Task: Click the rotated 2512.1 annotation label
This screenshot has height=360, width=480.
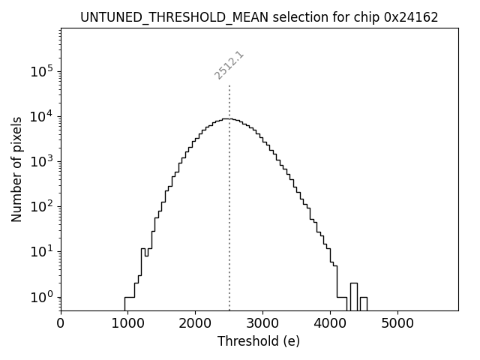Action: tap(229, 65)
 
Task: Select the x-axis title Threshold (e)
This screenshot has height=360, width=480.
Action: tap(259, 341)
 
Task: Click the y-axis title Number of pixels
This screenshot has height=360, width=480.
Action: tap(16, 169)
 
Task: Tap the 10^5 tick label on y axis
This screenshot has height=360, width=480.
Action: tap(41, 72)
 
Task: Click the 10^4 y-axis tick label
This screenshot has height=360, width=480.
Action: tap(41, 117)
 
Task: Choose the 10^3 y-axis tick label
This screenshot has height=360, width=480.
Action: tap(41, 162)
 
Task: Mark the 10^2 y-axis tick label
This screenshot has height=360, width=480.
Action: tap(41, 207)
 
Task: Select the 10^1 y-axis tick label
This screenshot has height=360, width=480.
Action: tap(41, 252)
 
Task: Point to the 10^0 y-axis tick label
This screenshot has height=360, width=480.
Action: tap(41, 297)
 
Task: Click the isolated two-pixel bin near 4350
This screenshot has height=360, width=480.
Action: tap(353, 296)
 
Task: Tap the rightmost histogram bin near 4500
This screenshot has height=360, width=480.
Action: tap(364, 304)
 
